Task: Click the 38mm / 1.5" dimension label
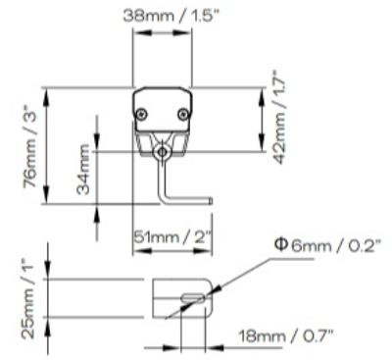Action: pyautogui.click(x=171, y=16)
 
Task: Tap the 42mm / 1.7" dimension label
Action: pyautogui.click(x=278, y=117)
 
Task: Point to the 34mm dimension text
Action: pyautogui.click(x=83, y=170)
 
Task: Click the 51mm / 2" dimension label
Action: pyautogui.click(x=173, y=236)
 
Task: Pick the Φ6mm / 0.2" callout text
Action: pyautogui.click(x=328, y=245)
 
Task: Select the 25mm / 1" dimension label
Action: pyautogui.click(x=28, y=298)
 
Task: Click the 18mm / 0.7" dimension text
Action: pyautogui.click(x=286, y=335)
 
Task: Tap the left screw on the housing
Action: pyautogui.click(x=142, y=114)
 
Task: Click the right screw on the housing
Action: pyautogui.click(x=183, y=114)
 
